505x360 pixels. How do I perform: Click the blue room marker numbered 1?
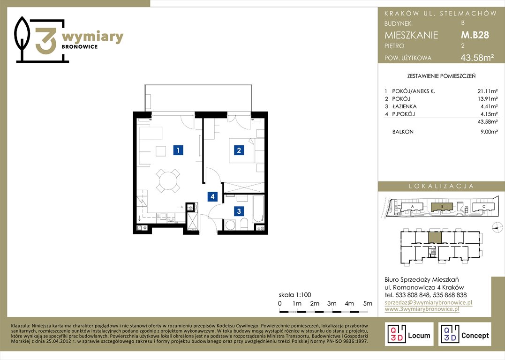point(178,150)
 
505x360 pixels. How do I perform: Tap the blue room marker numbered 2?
point(239,150)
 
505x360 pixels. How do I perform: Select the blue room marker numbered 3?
point(239,211)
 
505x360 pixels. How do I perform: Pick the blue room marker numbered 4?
point(212,196)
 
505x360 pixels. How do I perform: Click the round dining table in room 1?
point(168,181)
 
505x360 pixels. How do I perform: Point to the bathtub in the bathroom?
point(258,208)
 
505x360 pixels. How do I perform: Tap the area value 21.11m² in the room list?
point(487,91)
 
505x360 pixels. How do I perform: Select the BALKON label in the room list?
point(403,132)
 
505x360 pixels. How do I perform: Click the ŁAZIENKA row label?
point(404,106)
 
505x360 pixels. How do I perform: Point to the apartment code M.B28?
point(475,35)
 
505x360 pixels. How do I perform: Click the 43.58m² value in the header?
point(477,58)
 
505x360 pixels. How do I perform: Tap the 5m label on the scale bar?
point(368,303)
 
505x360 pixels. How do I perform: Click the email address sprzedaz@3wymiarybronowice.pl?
point(429,302)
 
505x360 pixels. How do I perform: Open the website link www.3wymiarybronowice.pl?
point(422,309)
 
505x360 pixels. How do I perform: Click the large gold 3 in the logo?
point(46,41)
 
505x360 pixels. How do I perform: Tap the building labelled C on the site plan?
point(483,207)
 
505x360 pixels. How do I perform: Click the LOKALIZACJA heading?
point(441,186)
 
